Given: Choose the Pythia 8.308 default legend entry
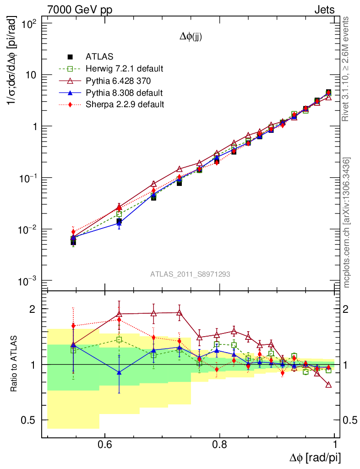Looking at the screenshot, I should coord(124,93).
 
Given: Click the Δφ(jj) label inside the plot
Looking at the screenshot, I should coord(191,38).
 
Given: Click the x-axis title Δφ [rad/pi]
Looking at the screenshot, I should coord(315,457).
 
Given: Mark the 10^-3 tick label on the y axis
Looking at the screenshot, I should coord(32,281).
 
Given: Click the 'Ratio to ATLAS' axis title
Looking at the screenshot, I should coord(14,364).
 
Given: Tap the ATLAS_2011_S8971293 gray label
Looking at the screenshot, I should coord(190,274).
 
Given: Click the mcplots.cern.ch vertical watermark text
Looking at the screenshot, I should coord(347,222).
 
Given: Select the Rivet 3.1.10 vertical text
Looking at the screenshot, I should coord(347,69).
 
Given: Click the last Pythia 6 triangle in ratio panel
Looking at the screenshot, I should coord(328,385).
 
